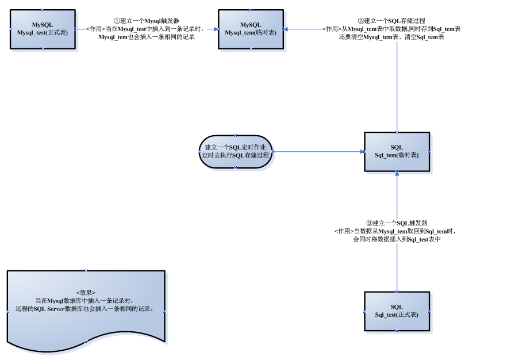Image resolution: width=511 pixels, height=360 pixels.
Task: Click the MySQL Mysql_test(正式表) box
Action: click(43, 29)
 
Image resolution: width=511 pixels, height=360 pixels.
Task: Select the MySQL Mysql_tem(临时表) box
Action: click(250, 29)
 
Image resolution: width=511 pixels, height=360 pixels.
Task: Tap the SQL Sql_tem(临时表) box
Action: click(397, 152)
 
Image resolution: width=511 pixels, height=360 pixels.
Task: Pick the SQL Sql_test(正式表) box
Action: click(397, 311)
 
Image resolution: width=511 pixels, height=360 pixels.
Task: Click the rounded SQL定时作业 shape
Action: click(236, 152)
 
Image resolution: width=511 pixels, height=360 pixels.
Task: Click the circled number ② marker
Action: click(360, 21)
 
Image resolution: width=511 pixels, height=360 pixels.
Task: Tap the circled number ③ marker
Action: click(370, 223)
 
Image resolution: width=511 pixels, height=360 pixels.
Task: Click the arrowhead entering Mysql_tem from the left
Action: click(216, 29)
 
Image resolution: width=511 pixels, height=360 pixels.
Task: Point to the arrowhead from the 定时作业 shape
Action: click(362, 152)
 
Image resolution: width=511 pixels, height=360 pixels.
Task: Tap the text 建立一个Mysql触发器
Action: click(149, 21)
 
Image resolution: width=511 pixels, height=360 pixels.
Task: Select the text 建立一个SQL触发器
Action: click(399, 223)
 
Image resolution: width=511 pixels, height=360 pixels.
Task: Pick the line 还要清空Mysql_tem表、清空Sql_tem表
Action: click(391, 37)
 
